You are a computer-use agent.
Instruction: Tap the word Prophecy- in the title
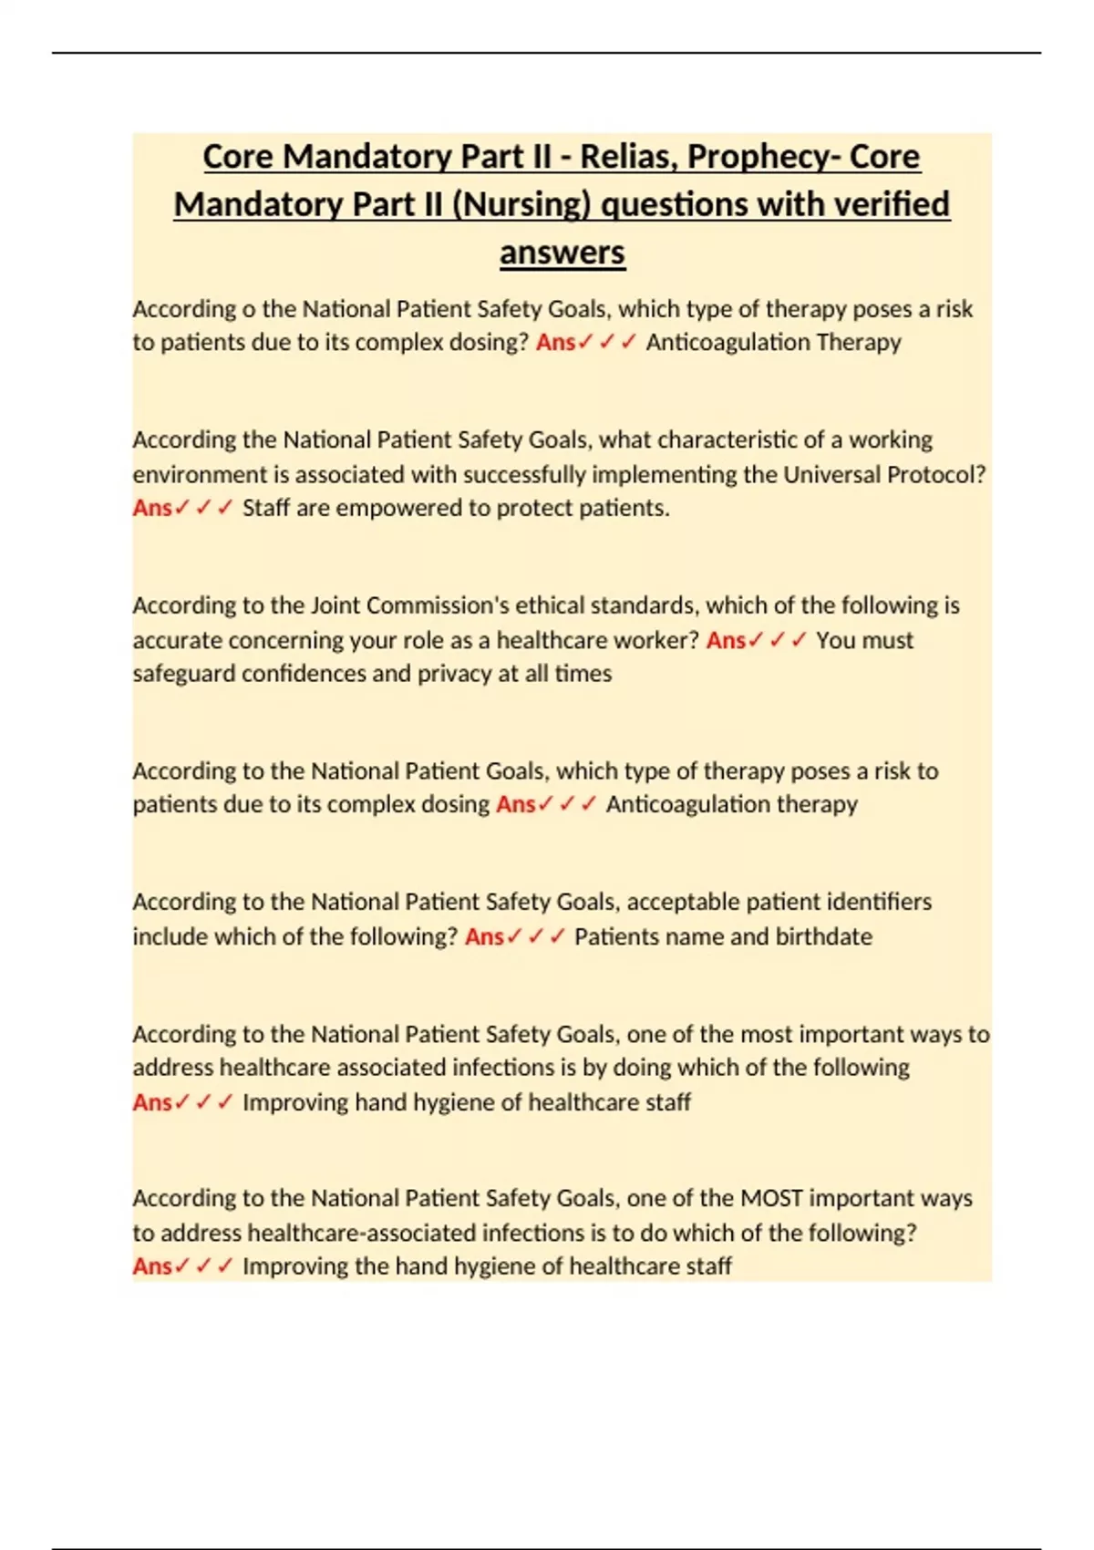(764, 157)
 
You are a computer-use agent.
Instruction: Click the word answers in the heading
(562, 253)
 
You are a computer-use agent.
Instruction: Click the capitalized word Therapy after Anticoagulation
(859, 342)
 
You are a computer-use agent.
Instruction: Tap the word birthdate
(823, 936)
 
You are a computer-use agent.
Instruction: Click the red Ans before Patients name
(484, 936)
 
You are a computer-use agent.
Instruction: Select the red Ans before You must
(726, 640)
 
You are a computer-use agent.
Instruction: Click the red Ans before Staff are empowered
(152, 508)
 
